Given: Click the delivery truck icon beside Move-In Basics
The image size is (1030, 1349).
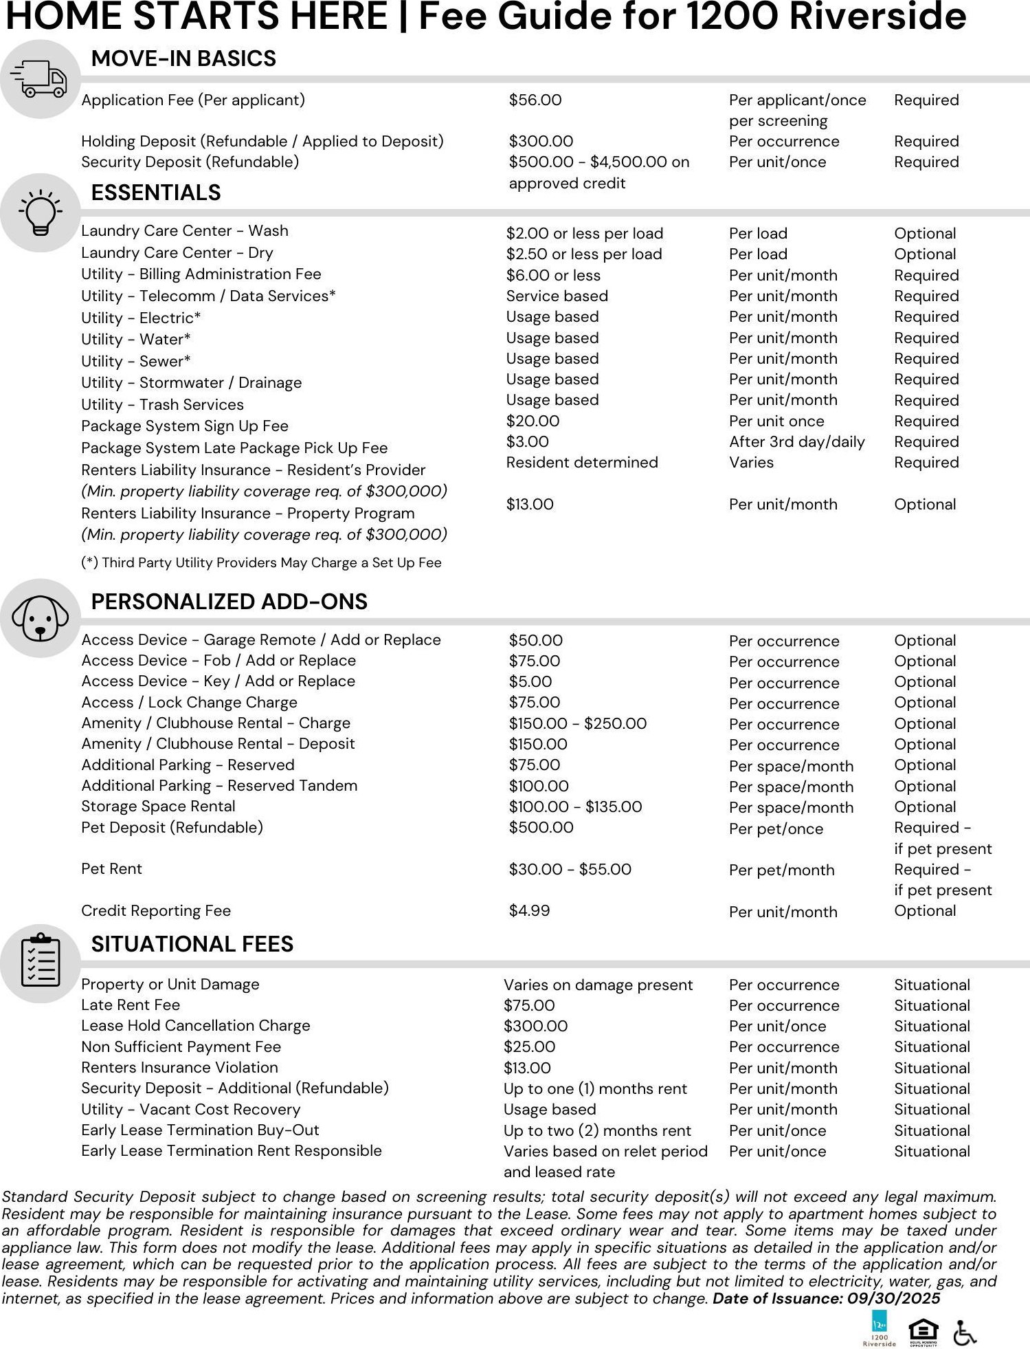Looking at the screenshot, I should (39, 79).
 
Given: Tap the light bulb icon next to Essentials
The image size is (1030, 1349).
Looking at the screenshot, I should (41, 212).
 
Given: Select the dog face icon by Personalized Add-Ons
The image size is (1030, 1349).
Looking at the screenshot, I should (41, 617).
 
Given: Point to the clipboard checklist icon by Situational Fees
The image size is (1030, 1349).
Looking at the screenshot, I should (41, 962).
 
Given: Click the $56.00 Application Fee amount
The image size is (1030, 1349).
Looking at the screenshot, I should (535, 100).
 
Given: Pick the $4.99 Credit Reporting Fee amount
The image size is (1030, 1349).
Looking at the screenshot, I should (529, 911).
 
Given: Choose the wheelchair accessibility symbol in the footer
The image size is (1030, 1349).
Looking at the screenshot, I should (965, 1332).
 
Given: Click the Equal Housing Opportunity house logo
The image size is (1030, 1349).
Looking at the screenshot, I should (923, 1332).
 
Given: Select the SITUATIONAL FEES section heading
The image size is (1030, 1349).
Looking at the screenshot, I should (192, 944).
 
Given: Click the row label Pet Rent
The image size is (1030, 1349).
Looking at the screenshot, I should (111, 869).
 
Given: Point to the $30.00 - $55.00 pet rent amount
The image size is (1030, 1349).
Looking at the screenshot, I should (570, 870).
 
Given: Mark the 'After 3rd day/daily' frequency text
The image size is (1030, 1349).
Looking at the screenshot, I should (796, 442).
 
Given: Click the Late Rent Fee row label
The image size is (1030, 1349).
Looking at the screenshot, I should (131, 1005).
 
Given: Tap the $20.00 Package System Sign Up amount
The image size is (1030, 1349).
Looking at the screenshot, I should (533, 421).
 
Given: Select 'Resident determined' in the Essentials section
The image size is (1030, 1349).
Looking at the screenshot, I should (581, 463).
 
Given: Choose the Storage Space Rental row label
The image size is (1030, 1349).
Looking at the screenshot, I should (158, 807).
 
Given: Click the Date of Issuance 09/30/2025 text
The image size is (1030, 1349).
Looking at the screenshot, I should (826, 1298).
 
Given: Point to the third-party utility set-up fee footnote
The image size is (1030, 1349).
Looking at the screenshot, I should (261, 563).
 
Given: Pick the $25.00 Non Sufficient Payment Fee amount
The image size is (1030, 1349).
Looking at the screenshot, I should (529, 1047).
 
